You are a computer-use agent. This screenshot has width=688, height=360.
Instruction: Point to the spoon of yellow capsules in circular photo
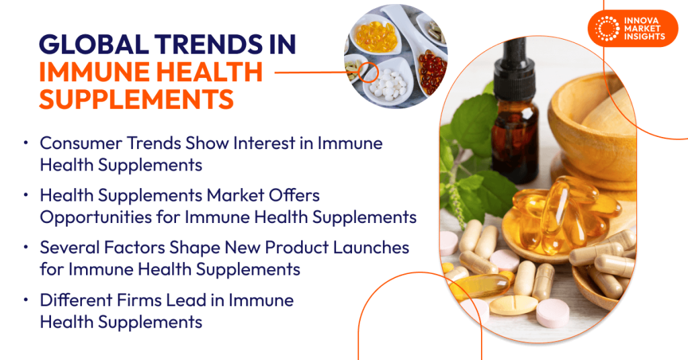[377, 34]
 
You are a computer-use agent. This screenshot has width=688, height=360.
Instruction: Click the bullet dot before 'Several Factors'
[26, 248]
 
